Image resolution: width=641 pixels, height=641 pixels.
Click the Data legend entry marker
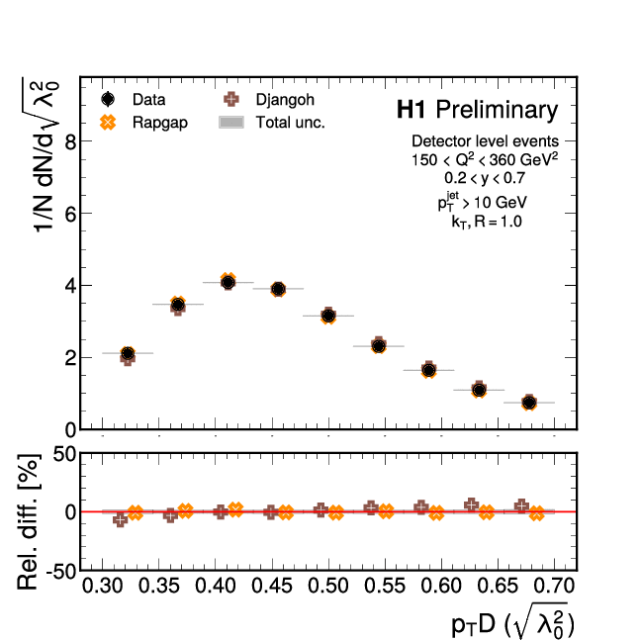(109, 99)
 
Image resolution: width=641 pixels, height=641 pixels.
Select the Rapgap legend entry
(109, 123)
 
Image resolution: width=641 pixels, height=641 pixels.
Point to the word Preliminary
(497, 109)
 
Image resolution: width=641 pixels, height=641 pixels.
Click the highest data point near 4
(228, 282)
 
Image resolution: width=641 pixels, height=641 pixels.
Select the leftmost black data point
(128, 353)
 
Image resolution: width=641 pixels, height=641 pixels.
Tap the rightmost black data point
(529, 403)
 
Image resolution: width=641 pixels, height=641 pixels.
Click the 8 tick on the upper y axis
(68, 141)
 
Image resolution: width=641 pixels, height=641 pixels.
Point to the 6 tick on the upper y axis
(68, 214)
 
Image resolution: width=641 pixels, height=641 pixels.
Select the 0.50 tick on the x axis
(327, 587)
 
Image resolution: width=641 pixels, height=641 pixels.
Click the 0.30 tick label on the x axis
(102, 587)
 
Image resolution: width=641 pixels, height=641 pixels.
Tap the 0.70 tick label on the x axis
(553, 587)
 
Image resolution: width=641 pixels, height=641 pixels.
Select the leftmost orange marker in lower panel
(136, 512)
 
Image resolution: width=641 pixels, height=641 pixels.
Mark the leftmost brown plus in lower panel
(121, 519)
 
